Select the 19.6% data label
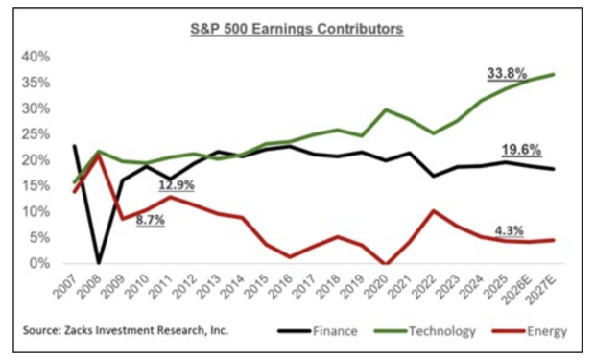pos(521,150)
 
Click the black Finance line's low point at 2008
pos(98,262)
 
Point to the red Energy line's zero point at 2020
pos(387,263)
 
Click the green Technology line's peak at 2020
pos(387,109)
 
